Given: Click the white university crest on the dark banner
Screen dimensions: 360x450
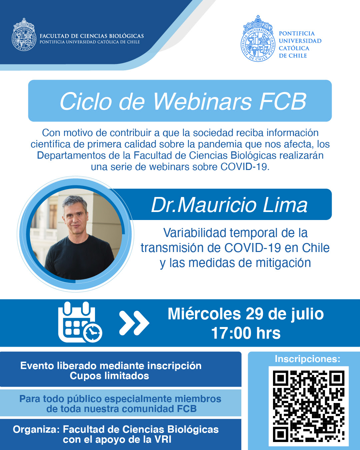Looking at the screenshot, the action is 24,35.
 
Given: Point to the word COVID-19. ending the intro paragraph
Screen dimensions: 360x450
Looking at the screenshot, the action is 245,167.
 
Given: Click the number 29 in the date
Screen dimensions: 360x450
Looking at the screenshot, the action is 254,314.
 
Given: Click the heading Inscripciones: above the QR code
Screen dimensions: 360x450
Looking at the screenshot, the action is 307,359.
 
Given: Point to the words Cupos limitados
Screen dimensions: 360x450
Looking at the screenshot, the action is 109,376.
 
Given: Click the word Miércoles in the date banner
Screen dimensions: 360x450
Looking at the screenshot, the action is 204,314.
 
